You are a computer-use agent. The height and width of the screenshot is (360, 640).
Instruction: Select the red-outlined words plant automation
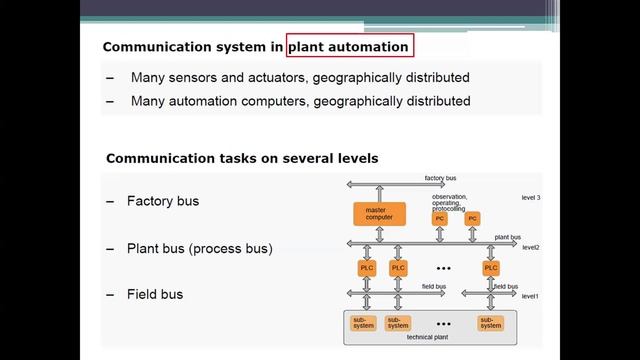349,46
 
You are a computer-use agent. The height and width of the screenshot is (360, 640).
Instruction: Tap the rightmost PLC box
490,267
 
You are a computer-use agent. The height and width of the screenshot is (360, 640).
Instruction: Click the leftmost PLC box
366,267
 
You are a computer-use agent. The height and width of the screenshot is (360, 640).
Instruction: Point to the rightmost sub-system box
490,322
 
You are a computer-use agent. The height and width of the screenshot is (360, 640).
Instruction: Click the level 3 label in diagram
530,198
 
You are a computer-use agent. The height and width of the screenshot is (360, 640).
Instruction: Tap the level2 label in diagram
530,246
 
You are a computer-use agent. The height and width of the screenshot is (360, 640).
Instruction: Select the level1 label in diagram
530,296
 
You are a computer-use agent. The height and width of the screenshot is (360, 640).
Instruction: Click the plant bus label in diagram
508,237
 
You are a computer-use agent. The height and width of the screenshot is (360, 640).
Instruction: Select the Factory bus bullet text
163,201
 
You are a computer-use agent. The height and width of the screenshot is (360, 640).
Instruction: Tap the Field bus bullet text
155,295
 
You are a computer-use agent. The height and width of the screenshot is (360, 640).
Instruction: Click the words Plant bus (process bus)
200,248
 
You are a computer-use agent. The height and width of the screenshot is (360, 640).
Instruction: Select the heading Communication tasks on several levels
241,158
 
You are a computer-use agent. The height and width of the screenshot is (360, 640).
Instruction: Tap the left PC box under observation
439,218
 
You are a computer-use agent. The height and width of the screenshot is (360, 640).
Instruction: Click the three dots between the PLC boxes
444,268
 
